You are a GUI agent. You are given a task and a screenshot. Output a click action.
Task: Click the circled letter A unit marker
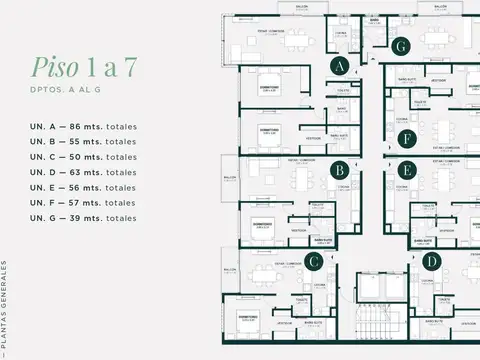pos(340,66)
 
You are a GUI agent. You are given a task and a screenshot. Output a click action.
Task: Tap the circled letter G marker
pos(401,46)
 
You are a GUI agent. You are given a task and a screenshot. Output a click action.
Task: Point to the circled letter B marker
pos(340,170)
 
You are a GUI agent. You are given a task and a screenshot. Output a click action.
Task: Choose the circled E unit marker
pos(406,170)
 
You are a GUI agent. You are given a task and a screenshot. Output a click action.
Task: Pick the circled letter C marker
pos(314,262)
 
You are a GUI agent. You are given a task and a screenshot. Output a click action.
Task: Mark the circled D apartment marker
pos(431,262)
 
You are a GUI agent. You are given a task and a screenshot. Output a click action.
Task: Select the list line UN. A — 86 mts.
pos(84,127)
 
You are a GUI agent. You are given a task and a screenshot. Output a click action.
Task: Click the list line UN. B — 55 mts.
pos(84,142)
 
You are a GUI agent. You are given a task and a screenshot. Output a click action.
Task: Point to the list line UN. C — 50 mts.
pos(84,157)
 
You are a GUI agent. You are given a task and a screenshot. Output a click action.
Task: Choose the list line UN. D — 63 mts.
pos(84,172)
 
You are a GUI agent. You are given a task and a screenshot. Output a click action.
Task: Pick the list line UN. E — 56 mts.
pos(84,187)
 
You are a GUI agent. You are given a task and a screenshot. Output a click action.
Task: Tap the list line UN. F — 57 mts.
pos(84,202)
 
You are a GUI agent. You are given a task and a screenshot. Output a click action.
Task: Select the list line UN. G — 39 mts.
pos(84,217)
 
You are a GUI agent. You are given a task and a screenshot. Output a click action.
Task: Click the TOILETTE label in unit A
pos(341,88)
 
